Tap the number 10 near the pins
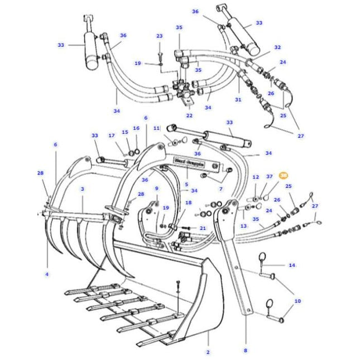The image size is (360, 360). (297, 301)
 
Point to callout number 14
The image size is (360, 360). (291, 265)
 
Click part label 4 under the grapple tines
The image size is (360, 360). (47, 273)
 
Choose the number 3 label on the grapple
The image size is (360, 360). (82, 189)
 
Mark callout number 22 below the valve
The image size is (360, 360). (189, 115)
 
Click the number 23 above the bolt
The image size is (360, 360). (159, 36)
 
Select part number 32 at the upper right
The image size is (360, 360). (277, 48)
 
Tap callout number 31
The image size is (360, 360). (238, 100)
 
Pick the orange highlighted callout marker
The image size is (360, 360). (283, 175)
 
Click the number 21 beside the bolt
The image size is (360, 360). (203, 228)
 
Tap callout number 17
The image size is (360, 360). (111, 136)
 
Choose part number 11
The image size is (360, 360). (156, 128)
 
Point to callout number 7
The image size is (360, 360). (221, 189)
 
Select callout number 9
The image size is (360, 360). (157, 189)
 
